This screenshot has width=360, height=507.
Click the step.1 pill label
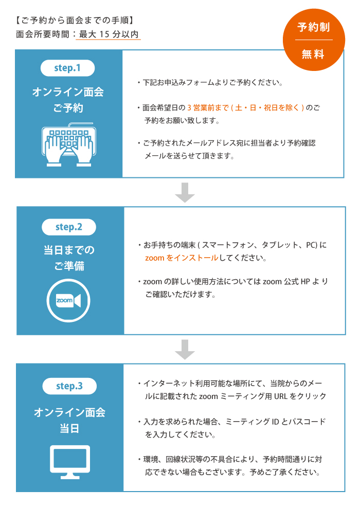point(67,68)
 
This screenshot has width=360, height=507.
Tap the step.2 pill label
point(69,227)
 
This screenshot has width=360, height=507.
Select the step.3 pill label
point(69,386)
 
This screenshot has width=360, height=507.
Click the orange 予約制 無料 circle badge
point(314,40)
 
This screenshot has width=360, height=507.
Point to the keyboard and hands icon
point(69,144)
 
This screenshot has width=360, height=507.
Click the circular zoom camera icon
point(68,300)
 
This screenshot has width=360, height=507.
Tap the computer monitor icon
point(70,462)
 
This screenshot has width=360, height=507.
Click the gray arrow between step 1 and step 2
point(185,192)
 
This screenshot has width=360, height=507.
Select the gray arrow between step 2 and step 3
point(185,350)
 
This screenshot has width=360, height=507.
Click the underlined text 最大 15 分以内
point(109,34)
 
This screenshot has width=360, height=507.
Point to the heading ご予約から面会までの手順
point(75,21)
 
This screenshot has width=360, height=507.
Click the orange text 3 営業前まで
point(208,107)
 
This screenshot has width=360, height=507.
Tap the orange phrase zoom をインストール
point(182,258)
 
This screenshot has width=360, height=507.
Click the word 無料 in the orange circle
point(313,54)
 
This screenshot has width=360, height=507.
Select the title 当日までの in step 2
point(69,250)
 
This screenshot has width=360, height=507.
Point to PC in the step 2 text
point(311,245)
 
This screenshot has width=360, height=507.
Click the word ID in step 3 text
point(275,422)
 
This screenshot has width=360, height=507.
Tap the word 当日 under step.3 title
point(69,428)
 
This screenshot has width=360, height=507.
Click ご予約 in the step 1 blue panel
point(68,107)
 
